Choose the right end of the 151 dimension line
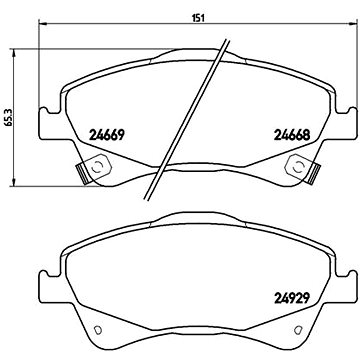pyautogui.click(x=342, y=27)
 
